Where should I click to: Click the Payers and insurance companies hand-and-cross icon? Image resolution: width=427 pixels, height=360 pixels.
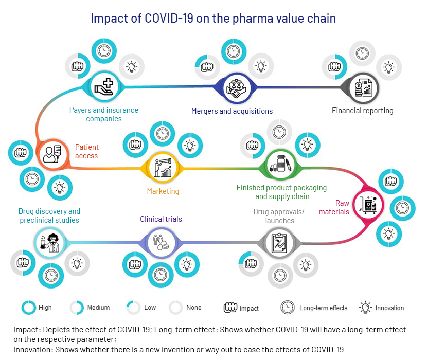(104, 87)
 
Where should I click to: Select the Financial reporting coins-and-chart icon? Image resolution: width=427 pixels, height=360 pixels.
(363, 87)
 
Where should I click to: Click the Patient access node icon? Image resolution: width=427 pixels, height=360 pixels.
(52, 154)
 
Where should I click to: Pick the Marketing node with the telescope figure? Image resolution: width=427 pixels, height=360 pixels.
(163, 168)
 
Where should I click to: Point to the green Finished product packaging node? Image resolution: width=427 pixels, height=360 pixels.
(280, 164)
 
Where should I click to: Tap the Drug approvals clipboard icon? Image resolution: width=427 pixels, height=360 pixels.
(279, 243)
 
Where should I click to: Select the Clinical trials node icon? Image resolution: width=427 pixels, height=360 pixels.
(161, 242)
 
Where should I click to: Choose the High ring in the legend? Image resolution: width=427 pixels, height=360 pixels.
(29, 308)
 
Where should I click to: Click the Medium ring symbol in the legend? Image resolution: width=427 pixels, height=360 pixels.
(77, 308)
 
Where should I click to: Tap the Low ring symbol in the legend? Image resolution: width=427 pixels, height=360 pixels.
(133, 308)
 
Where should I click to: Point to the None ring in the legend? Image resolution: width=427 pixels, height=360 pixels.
(175, 308)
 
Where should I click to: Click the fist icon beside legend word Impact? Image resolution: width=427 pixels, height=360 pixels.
(230, 308)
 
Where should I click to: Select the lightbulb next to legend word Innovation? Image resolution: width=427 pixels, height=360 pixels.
(365, 308)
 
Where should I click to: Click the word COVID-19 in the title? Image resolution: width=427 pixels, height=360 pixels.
(169, 19)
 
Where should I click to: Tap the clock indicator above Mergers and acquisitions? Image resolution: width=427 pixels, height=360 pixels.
(234, 51)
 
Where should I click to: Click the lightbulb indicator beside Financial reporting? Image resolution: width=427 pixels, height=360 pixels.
(389, 67)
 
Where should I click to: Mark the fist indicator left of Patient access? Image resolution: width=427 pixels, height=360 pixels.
(21, 153)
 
